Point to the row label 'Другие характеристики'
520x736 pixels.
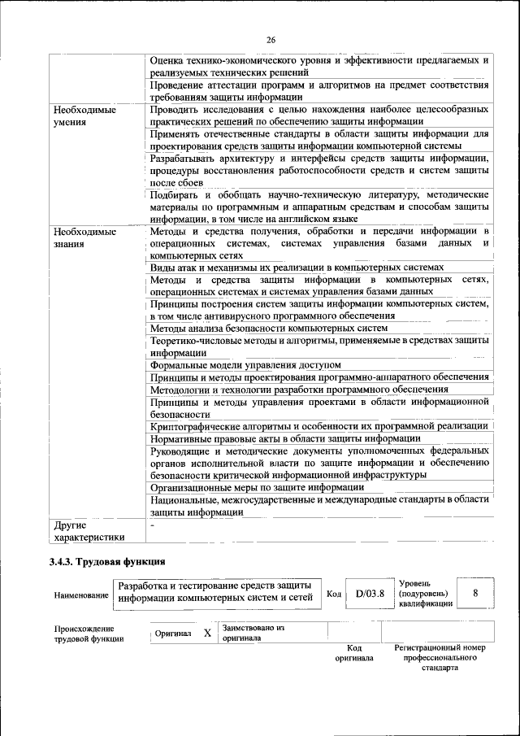click(x=89, y=531)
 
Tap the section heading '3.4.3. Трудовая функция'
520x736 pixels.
click(x=107, y=561)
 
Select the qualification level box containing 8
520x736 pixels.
click(x=474, y=593)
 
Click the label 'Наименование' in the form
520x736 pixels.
click(x=80, y=595)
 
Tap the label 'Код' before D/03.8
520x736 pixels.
click(x=333, y=594)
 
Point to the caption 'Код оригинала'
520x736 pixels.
click(x=354, y=652)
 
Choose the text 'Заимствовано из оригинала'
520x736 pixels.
click(x=253, y=633)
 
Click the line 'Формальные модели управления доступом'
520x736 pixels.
click(x=246, y=365)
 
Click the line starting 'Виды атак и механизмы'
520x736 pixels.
click(x=297, y=267)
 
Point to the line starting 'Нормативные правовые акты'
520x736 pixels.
click(x=285, y=438)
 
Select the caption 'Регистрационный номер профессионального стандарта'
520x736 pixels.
click(x=439, y=657)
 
